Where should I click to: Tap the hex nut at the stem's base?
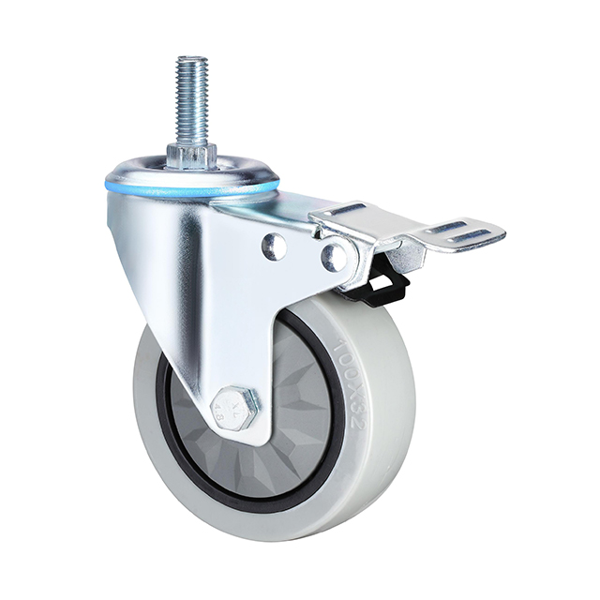point(191,155)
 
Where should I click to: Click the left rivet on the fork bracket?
point(274,247)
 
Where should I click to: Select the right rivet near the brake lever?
point(333,255)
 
